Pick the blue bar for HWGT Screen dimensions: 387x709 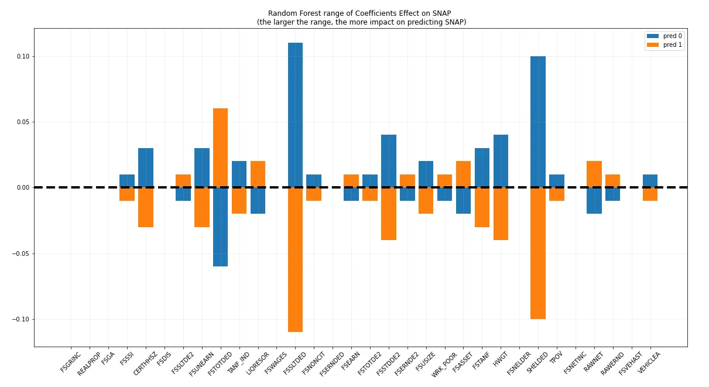coord(501,161)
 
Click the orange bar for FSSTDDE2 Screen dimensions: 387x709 coord(389,214)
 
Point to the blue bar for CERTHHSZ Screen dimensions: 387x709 coord(146,167)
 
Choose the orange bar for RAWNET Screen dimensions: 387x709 coord(594,174)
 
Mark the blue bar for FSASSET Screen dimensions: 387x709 coord(463,201)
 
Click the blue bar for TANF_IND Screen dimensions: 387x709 coord(239,174)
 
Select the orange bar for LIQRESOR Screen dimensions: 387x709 coord(258,174)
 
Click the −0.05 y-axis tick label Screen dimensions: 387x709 coord(22,254)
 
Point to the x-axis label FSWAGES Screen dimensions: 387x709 coord(276,362)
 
